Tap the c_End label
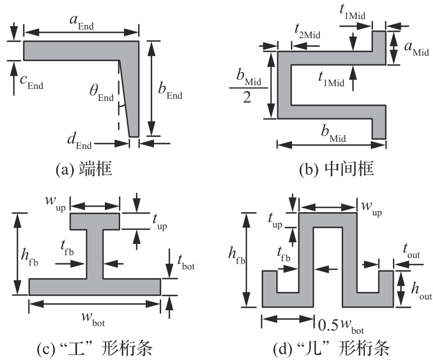click(32, 82)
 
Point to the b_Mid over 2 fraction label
click(249, 92)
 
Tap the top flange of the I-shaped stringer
click(95, 221)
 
